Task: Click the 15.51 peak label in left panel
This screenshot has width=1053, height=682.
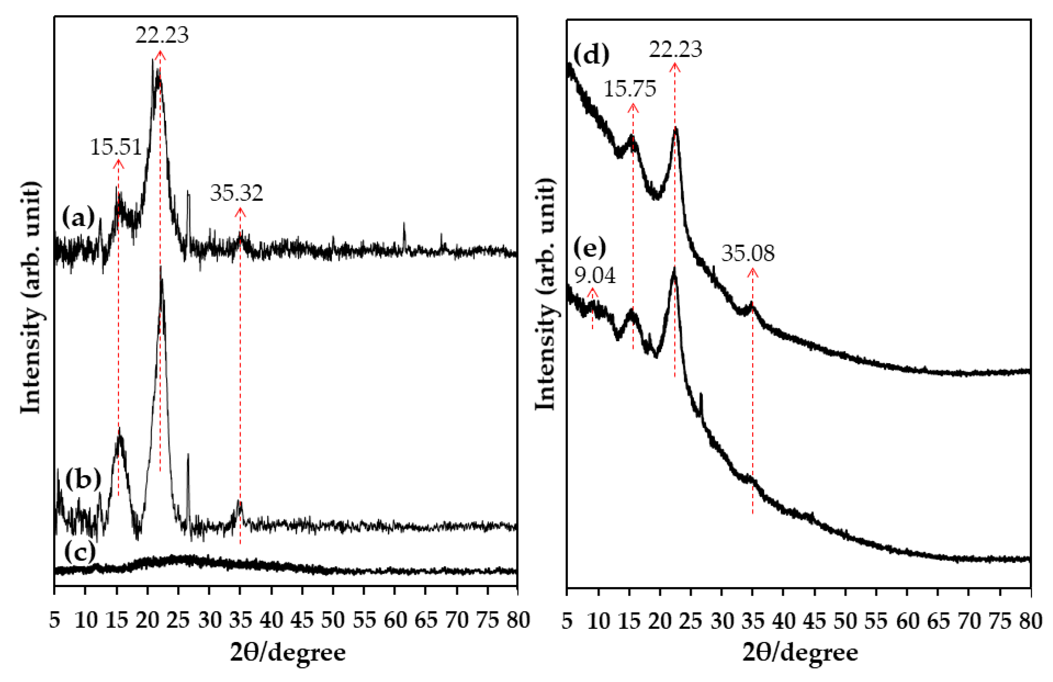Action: (116, 147)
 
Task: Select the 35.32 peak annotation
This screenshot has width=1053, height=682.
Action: (236, 193)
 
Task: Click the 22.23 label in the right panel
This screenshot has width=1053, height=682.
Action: (675, 49)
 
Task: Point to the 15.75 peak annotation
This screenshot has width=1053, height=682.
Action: (630, 89)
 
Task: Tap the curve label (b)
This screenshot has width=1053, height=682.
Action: (83, 480)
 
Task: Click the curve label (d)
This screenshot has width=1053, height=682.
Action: (591, 55)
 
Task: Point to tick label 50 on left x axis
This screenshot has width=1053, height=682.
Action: (333, 620)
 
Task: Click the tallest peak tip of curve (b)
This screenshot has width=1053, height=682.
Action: (161, 268)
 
